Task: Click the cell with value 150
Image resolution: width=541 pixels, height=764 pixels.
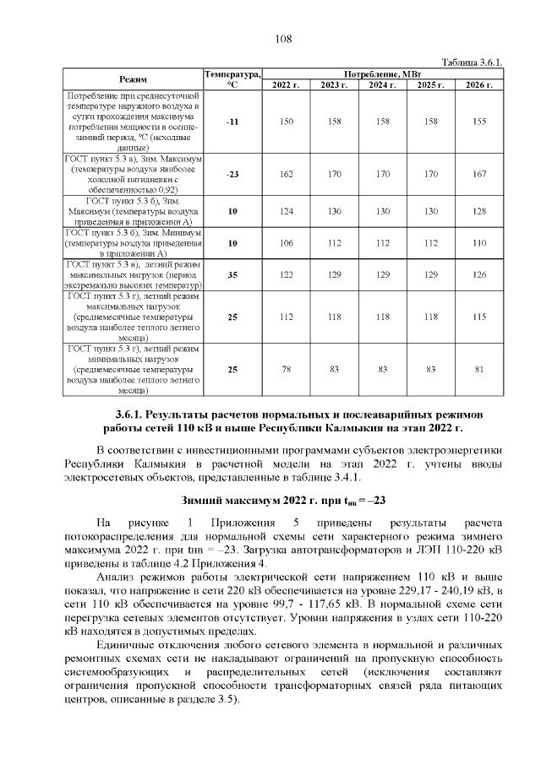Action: pyautogui.click(x=287, y=122)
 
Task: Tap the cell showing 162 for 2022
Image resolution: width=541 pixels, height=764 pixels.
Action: pyautogui.click(x=287, y=174)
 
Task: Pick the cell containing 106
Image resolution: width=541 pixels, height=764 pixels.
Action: pyautogui.click(x=287, y=243)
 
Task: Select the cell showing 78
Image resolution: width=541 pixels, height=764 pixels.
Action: pyautogui.click(x=287, y=369)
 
